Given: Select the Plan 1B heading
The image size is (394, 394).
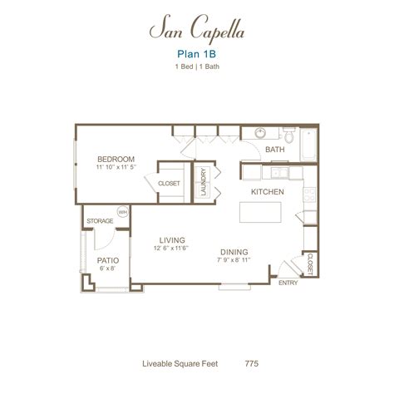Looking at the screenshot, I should point(196,58).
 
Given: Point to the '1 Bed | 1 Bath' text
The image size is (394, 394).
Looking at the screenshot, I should point(196,73).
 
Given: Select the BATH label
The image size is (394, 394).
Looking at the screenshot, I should point(275,150).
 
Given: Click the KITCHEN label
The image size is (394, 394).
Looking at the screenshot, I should point(268,191).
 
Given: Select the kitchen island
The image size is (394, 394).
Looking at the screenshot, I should point(265,213).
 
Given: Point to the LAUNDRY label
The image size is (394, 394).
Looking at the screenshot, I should point(203,182).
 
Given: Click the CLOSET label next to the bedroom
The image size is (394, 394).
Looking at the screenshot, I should point(169,184).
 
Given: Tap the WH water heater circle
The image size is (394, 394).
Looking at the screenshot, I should point(122,213).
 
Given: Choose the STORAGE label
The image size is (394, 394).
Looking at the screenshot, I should point(101,221).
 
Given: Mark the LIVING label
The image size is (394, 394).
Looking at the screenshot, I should point(172,238).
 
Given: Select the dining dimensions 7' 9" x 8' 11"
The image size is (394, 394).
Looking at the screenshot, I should point(235,260).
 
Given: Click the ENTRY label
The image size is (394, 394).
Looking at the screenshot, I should point(288,283).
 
